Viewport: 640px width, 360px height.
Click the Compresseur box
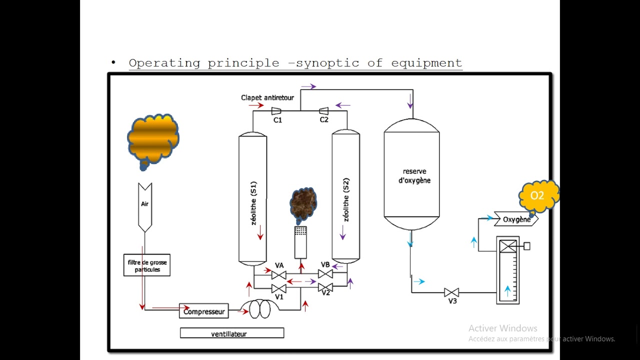(204, 311)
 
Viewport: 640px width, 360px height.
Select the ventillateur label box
(232, 333)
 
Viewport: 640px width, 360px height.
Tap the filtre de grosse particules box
(147, 265)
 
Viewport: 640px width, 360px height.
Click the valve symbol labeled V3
(451, 292)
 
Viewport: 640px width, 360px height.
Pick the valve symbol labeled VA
(279, 274)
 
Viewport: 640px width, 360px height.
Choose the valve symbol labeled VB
(325, 274)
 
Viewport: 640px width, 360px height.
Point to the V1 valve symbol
(279, 288)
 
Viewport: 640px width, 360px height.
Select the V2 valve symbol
(325, 288)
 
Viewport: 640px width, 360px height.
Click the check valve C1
(276, 111)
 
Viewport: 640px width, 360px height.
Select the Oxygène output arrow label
(516, 219)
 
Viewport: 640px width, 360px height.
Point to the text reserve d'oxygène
(414, 176)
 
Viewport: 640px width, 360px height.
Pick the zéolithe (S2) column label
(346, 200)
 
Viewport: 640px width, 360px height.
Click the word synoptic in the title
(327, 63)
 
